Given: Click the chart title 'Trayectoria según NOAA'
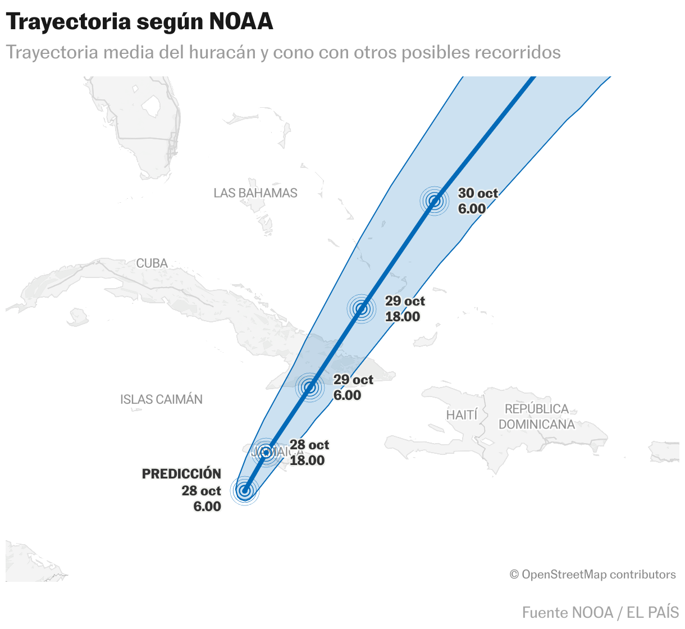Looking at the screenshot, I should coord(139,21).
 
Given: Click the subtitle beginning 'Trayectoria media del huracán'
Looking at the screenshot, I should coord(283,52).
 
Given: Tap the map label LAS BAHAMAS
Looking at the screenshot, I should coord(255,193).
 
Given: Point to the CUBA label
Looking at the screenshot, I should coord(152,263).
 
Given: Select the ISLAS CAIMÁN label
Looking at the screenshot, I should coord(161,399).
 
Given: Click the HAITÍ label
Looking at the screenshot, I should coord(462,415).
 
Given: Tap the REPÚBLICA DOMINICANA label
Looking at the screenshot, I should coord(536,417).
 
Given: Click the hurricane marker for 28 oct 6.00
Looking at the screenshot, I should coord(244,491).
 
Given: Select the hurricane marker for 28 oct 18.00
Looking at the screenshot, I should coord(266,452).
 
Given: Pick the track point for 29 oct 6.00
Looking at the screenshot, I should coord(310,387).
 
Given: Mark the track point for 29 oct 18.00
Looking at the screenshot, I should coord(362,308).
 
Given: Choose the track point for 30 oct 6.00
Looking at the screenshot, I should coord(434,201).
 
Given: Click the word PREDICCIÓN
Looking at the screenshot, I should coord(181,473).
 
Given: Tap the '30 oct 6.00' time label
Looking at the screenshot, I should coord(477,201).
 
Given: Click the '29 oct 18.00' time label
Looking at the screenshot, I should coord(404,309).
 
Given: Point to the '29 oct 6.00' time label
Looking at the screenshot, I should coord(353,388).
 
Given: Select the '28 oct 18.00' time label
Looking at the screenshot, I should coord(309,453).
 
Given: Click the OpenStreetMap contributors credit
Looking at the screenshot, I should coord(592,575).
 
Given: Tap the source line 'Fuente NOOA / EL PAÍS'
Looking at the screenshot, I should coord(600,612).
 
